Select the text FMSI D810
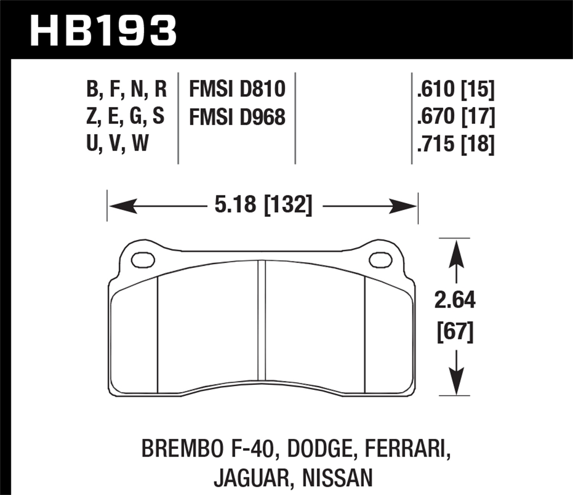[x=237, y=89]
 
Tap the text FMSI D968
[x=237, y=117]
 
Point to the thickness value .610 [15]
[x=456, y=89]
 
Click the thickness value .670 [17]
[x=456, y=116]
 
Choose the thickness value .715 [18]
[x=456, y=144]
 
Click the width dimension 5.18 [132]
[x=263, y=205]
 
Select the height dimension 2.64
[x=455, y=300]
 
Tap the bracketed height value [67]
[x=455, y=332]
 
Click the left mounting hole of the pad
[x=143, y=260]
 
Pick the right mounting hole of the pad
[x=381, y=260]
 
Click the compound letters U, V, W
[x=117, y=144]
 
